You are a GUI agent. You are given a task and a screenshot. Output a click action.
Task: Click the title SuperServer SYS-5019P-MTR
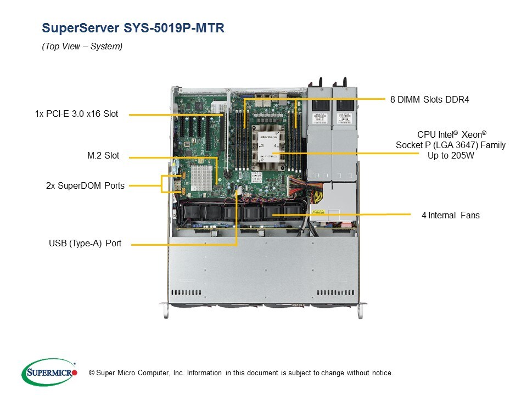[x=133, y=28]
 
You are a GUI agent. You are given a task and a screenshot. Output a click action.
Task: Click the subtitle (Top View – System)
[x=82, y=47]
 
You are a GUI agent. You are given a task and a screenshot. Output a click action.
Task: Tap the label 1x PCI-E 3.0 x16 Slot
[x=76, y=114]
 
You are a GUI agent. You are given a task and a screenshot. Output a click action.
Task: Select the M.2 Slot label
[x=103, y=156]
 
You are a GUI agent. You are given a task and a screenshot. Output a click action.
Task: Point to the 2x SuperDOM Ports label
[x=85, y=185]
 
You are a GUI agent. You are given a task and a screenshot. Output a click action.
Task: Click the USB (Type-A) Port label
[x=85, y=243]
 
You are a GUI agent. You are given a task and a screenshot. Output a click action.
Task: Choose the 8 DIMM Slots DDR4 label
[x=430, y=99]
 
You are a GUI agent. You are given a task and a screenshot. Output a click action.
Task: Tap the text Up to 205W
[x=450, y=155]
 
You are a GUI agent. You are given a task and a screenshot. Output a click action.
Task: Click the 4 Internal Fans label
[x=450, y=215]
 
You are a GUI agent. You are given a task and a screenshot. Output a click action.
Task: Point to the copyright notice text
[x=237, y=373]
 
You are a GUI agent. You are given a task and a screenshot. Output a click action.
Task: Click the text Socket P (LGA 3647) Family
[x=450, y=145]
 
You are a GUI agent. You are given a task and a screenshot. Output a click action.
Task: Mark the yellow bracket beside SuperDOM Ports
[x=163, y=184]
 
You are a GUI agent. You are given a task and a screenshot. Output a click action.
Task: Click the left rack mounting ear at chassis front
[x=164, y=309]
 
